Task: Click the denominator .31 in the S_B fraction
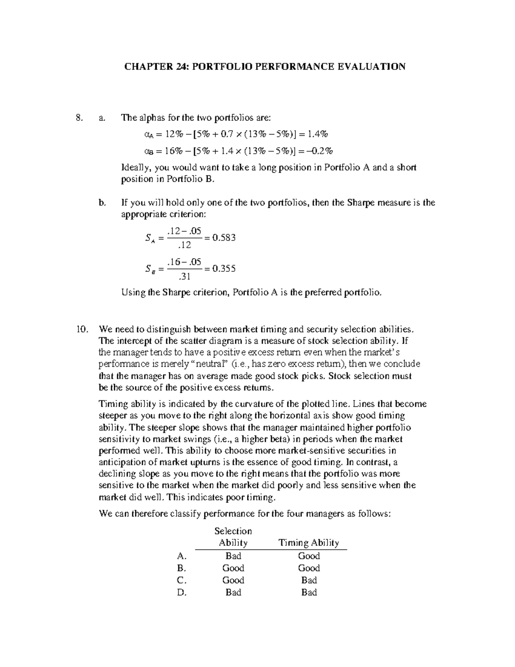185,276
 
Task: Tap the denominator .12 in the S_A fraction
185,245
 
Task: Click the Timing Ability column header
309,542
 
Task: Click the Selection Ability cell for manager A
233,556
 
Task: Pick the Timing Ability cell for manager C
309,580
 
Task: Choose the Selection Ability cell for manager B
233,568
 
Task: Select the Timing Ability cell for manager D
309,592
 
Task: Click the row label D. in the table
182,592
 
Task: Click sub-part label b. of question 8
102,203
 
